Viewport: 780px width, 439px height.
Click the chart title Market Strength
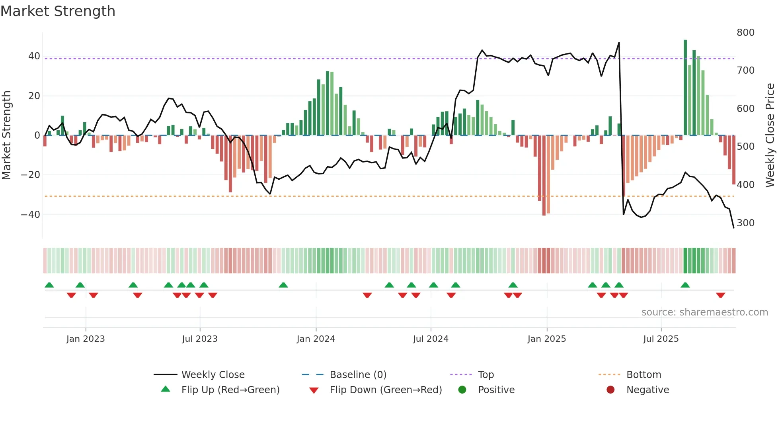coord(58,11)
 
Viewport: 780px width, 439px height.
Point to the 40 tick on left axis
coord(34,56)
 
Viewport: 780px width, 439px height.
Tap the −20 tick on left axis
coord(31,175)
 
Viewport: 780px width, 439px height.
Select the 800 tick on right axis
coord(745,33)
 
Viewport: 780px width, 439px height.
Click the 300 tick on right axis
coord(745,223)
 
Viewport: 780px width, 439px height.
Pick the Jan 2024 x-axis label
coord(316,339)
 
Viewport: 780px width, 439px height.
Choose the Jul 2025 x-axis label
coord(661,339)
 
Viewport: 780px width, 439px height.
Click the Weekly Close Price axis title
coord(770,135)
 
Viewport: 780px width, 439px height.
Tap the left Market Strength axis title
coord(6,135)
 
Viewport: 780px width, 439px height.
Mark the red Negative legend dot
coord(610,390)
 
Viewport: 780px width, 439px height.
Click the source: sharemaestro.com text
coord(704,312)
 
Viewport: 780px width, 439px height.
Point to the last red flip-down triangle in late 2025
coord(720,295)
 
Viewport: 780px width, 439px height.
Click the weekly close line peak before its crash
coord(619,43)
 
